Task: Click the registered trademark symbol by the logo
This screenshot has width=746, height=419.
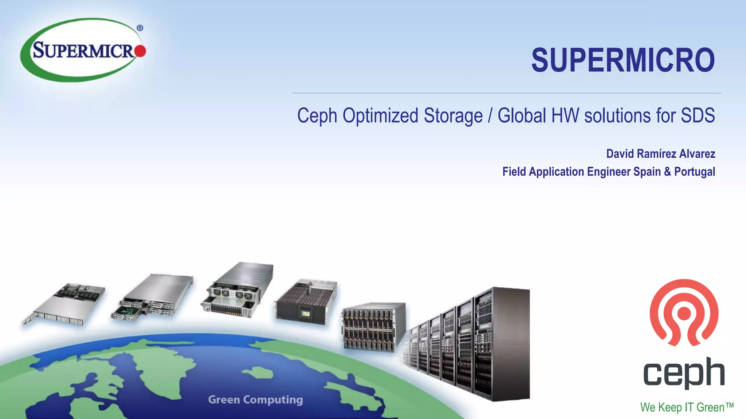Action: pyautogui.click(x=140, y=28)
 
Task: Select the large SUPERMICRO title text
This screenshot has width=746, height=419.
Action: pyautogui.click(x=623, y=60)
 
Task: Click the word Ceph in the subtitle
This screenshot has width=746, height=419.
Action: pyautogui.click(x=317, y=116)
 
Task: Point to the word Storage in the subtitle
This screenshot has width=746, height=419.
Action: pyautogui.click(x=453, y=116)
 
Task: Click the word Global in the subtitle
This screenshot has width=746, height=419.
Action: pyautogui.click(x=522, y=116)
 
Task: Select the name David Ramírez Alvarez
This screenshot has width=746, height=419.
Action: pyautogui.click(x=660, y=154)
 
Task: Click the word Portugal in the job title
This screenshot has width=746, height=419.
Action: pyautogui.click(x=694, y=172)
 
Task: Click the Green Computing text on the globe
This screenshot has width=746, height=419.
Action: pyautogui.click(x=255, y=400)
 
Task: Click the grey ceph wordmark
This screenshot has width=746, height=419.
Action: pyautogui.click(x=684, y=372)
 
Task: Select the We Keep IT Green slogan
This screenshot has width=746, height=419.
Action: pyautogui.click(x=687, y=407)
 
